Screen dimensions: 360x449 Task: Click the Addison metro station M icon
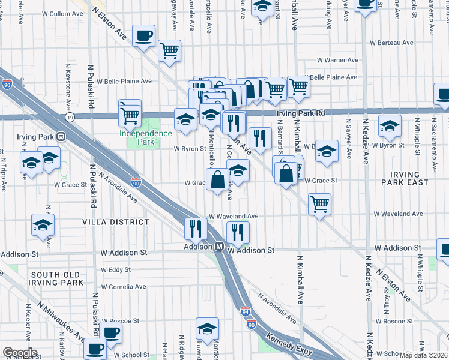coord(220,247)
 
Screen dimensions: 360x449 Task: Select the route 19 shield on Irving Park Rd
coord(70,116)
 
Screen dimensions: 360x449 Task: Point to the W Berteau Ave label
coord(392,43)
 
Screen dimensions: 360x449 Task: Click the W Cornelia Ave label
coord(124,287)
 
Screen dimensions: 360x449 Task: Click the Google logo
coord(20,352)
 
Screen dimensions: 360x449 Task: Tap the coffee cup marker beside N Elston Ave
coord(143,36)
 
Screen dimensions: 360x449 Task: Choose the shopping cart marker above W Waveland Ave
coord(320,204)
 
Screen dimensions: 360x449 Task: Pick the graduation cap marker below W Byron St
coord(238,171)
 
